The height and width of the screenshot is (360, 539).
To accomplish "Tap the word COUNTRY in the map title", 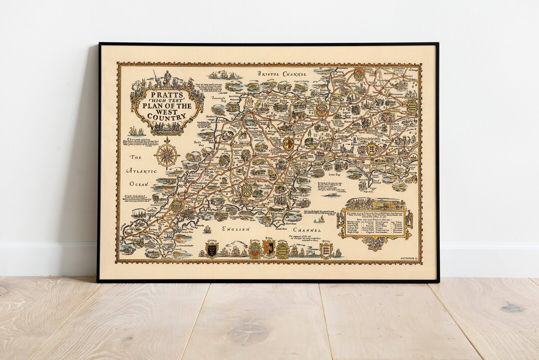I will pyautogui.click(x=163, y=116).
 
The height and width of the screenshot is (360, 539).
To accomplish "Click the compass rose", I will pyautogui.click(x=168, y=154).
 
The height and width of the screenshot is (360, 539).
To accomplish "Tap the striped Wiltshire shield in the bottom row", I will pyautogui.click(x=283, y=250).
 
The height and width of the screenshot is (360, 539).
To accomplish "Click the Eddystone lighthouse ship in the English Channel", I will pyautogui.click(x=207, y=230).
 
